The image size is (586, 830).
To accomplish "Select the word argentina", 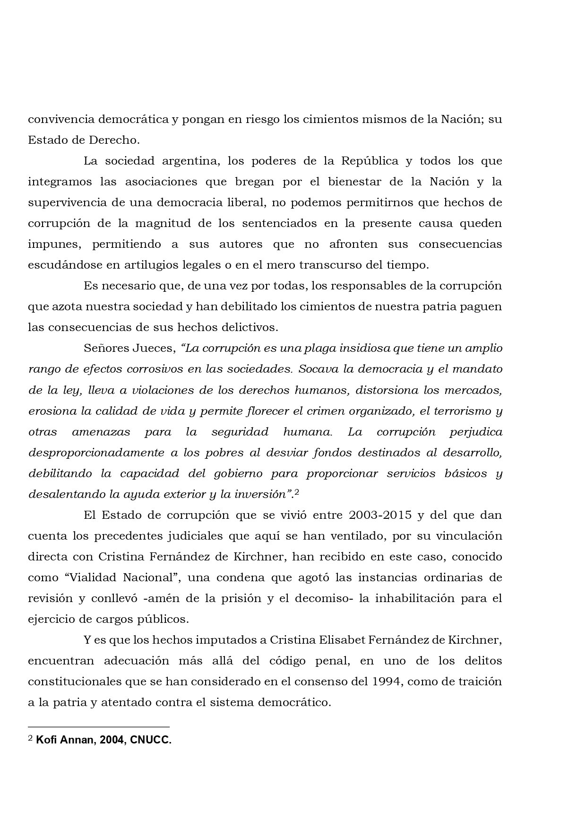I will (191, 161).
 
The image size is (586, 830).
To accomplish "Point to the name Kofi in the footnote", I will (46, 740).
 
